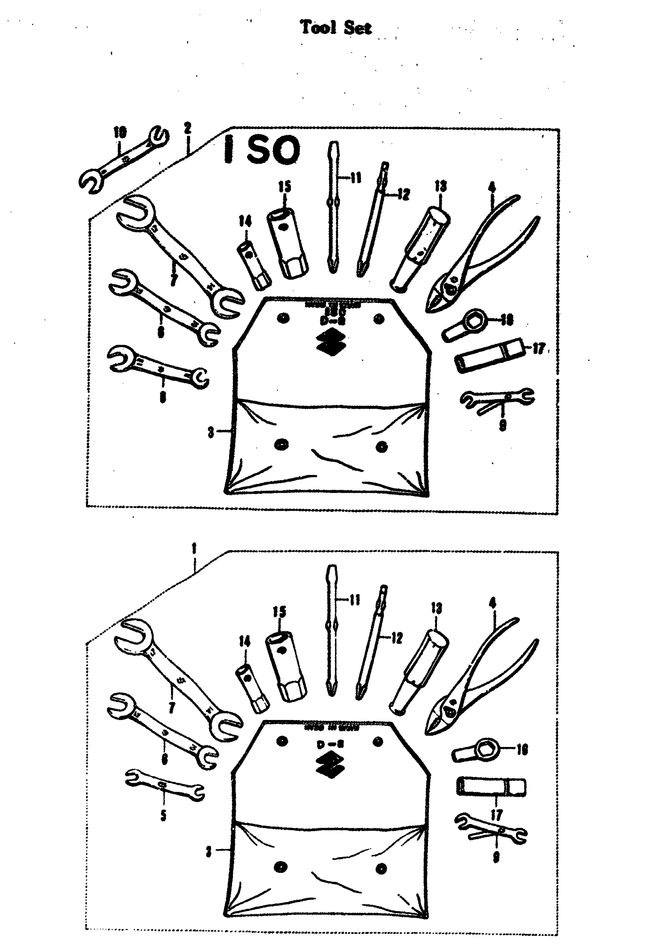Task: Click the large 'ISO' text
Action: point(262,150)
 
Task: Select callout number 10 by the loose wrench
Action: point(120,133)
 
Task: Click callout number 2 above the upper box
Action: point(188,128)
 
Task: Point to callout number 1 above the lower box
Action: point(194,549)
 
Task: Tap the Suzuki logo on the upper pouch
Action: point(331,342)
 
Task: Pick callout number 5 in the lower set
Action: point(163,816)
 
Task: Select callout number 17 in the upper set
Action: point(538,349)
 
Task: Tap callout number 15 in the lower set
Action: point(279,612)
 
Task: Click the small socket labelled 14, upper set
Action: point(253,260)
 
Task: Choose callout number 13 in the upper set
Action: point(440,186)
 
